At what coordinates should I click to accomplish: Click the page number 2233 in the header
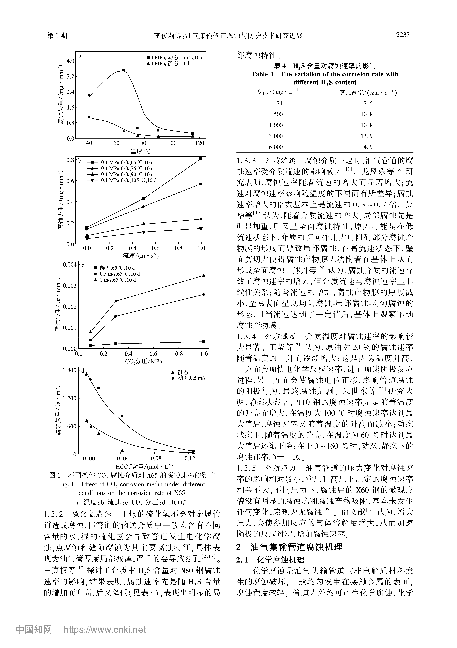(403, 35)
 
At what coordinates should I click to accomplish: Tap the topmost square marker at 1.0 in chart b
(200, 158)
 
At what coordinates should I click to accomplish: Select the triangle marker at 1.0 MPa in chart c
(204, 275)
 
